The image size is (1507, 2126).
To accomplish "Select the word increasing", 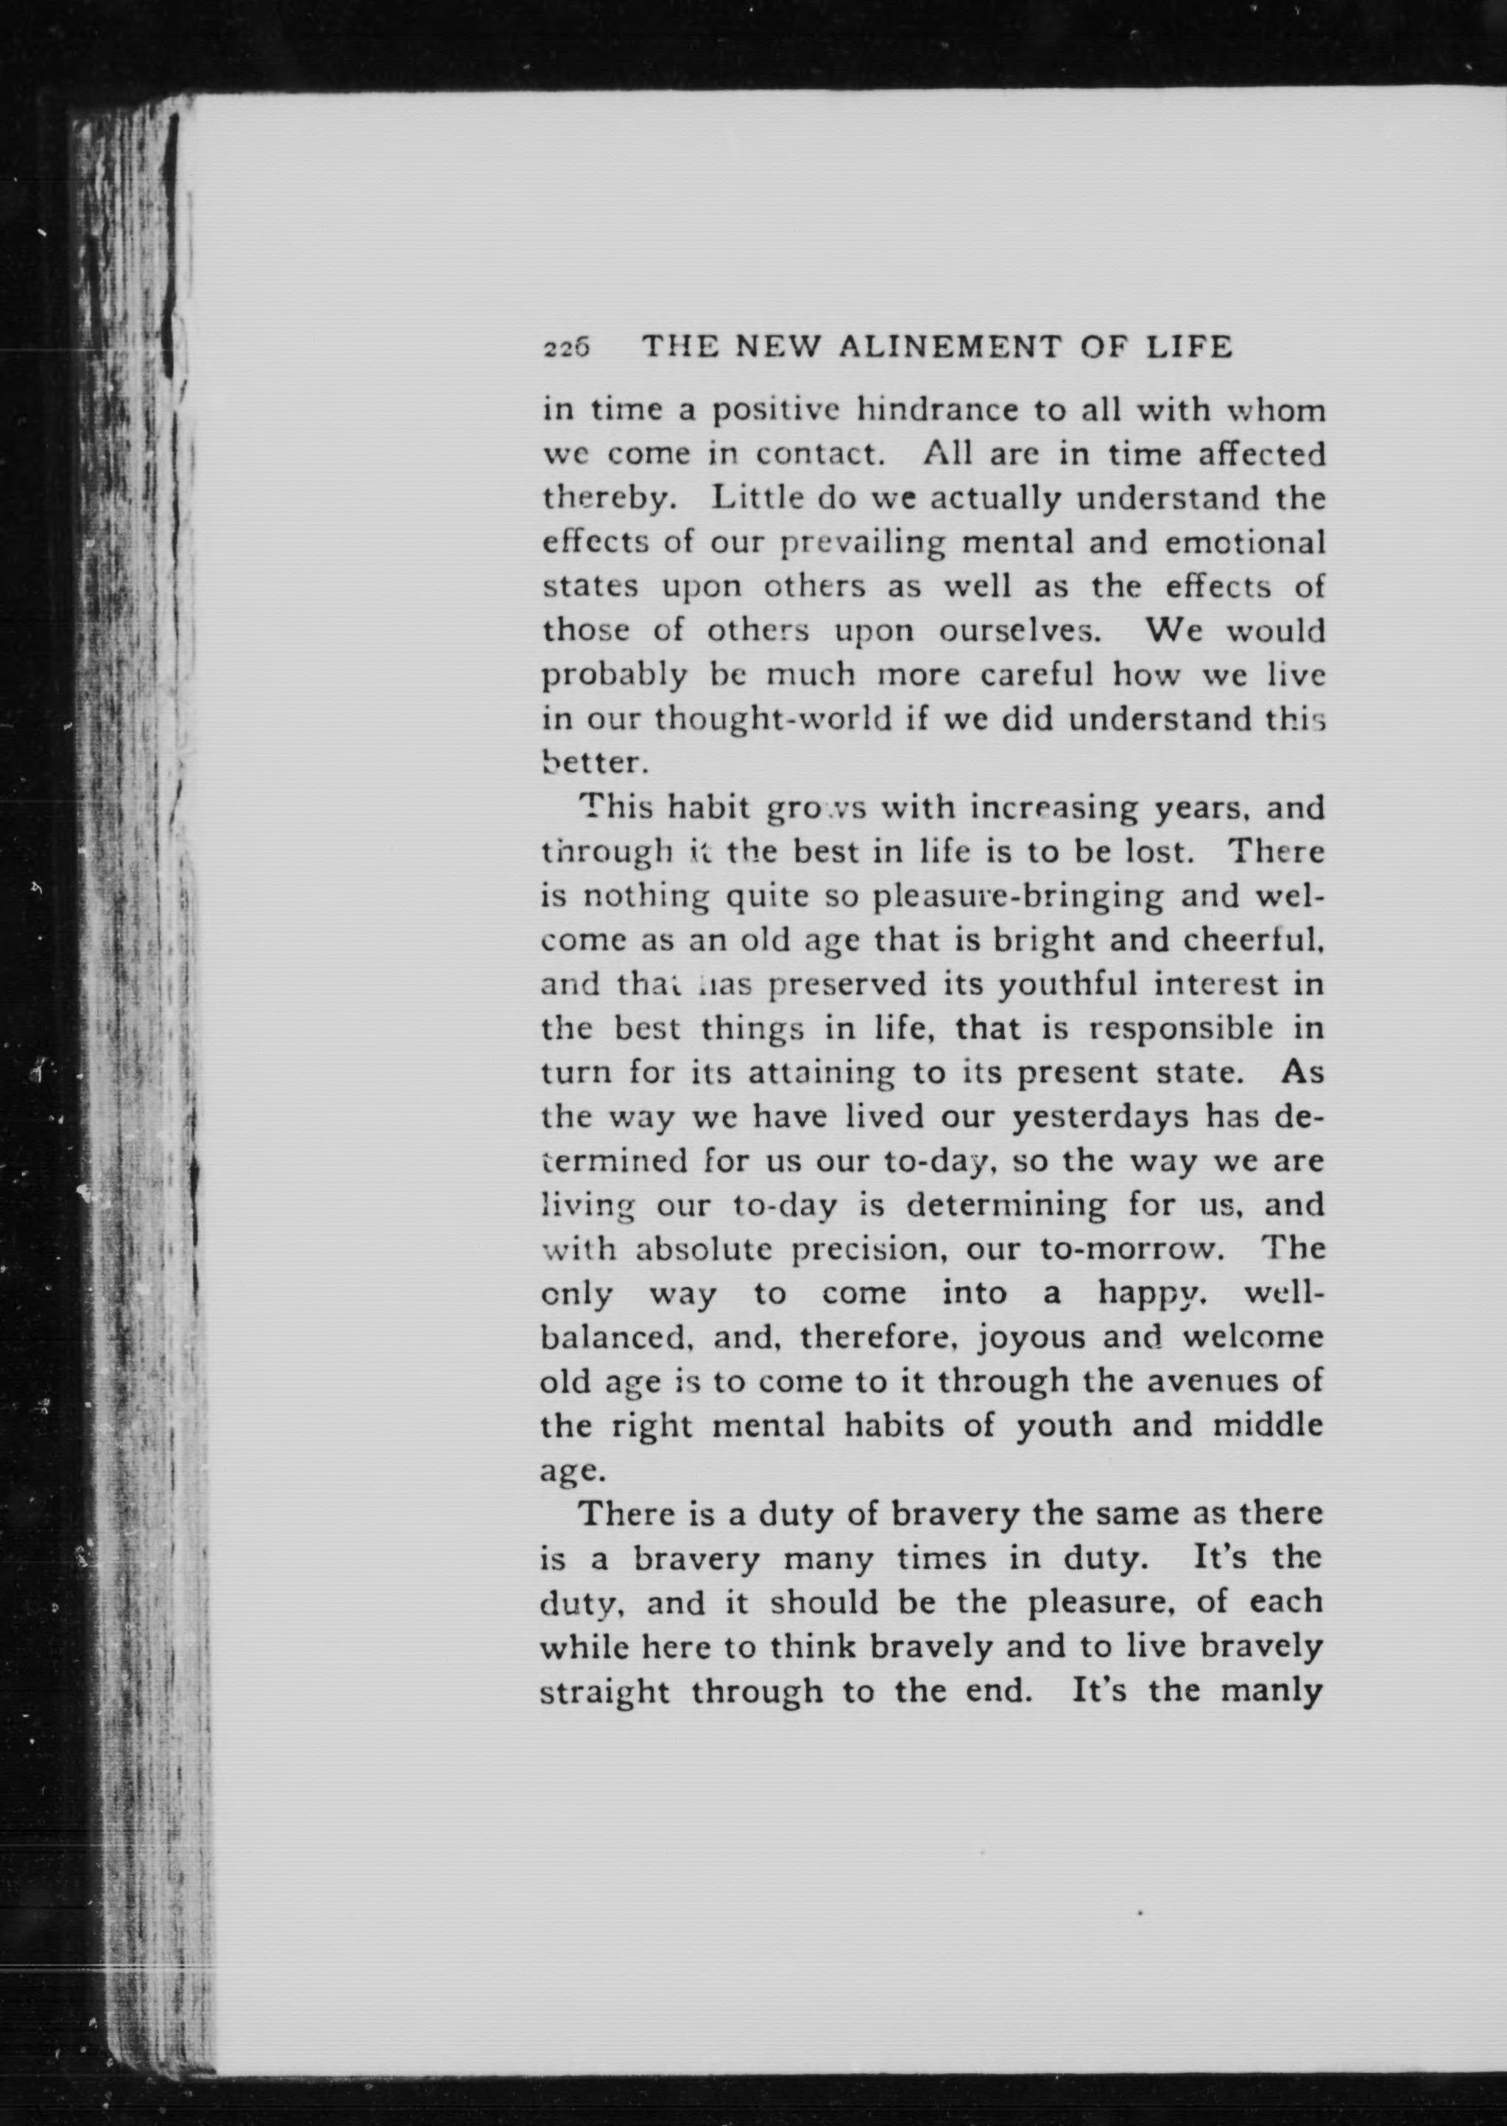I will tap(1050, 808).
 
